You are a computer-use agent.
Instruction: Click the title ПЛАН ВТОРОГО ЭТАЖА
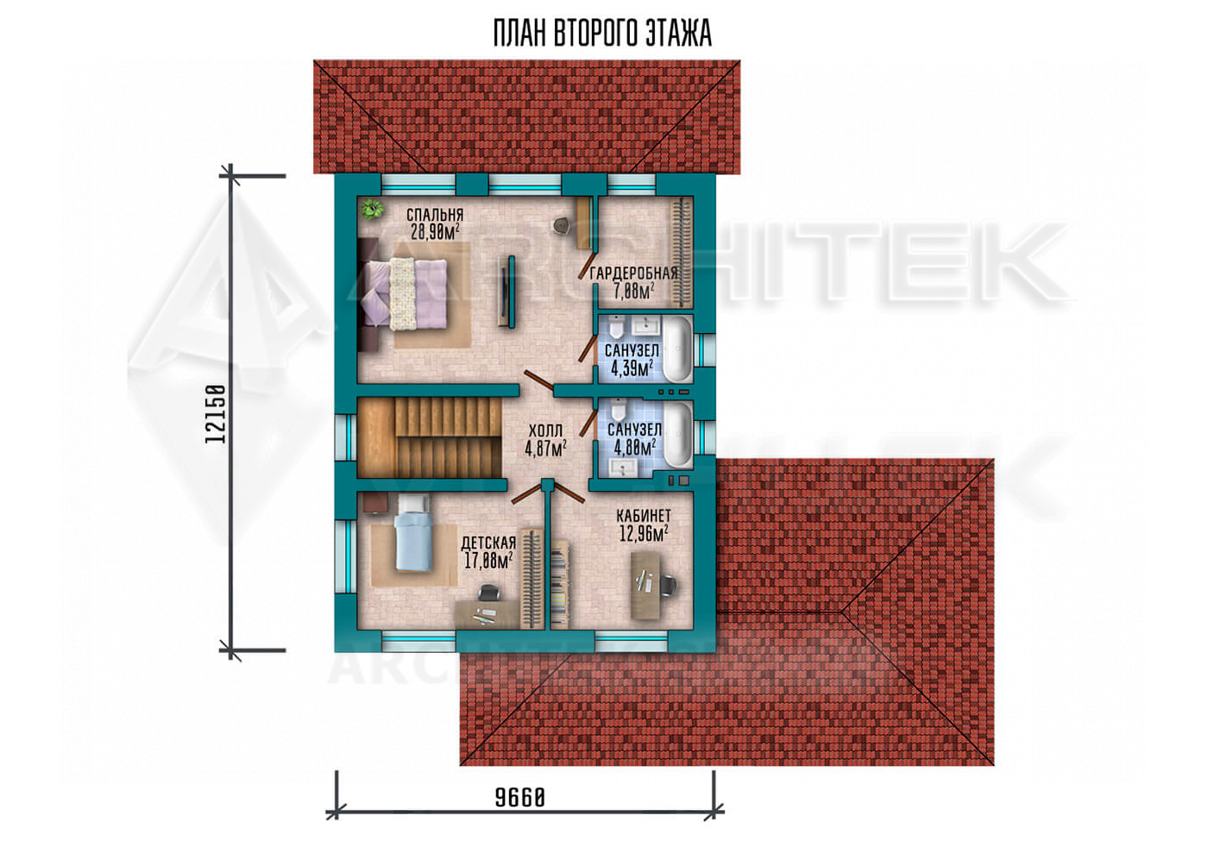click(x=602, y=34)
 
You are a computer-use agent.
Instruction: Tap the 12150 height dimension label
click(x=215, y=414)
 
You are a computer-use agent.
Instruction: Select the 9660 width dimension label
click(x=519, y=797)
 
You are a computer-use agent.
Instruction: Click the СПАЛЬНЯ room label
click(x=435, y=215)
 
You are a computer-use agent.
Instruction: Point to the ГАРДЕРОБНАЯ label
click(x=633, y=273)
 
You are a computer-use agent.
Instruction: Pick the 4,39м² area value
click(x=632, y=368)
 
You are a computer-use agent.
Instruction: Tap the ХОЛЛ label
click(x=545, y=430)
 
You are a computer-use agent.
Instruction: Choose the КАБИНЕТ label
click(x=644, y=516)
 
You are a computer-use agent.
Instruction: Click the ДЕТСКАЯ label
click(x=488, y=543)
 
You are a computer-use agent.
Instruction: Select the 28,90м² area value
click(x=435, y=232)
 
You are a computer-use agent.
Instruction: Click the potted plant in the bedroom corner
click(x=372, y=208)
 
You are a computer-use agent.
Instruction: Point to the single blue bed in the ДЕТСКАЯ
click(x=413, y=534)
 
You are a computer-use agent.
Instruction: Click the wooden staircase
click(x=430, y=438)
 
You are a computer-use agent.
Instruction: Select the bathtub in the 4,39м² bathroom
click(x=676, y=348)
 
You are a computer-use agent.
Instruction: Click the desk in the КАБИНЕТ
click(x=645, y=586)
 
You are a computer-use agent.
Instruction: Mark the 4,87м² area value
click(x=545, y=448)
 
